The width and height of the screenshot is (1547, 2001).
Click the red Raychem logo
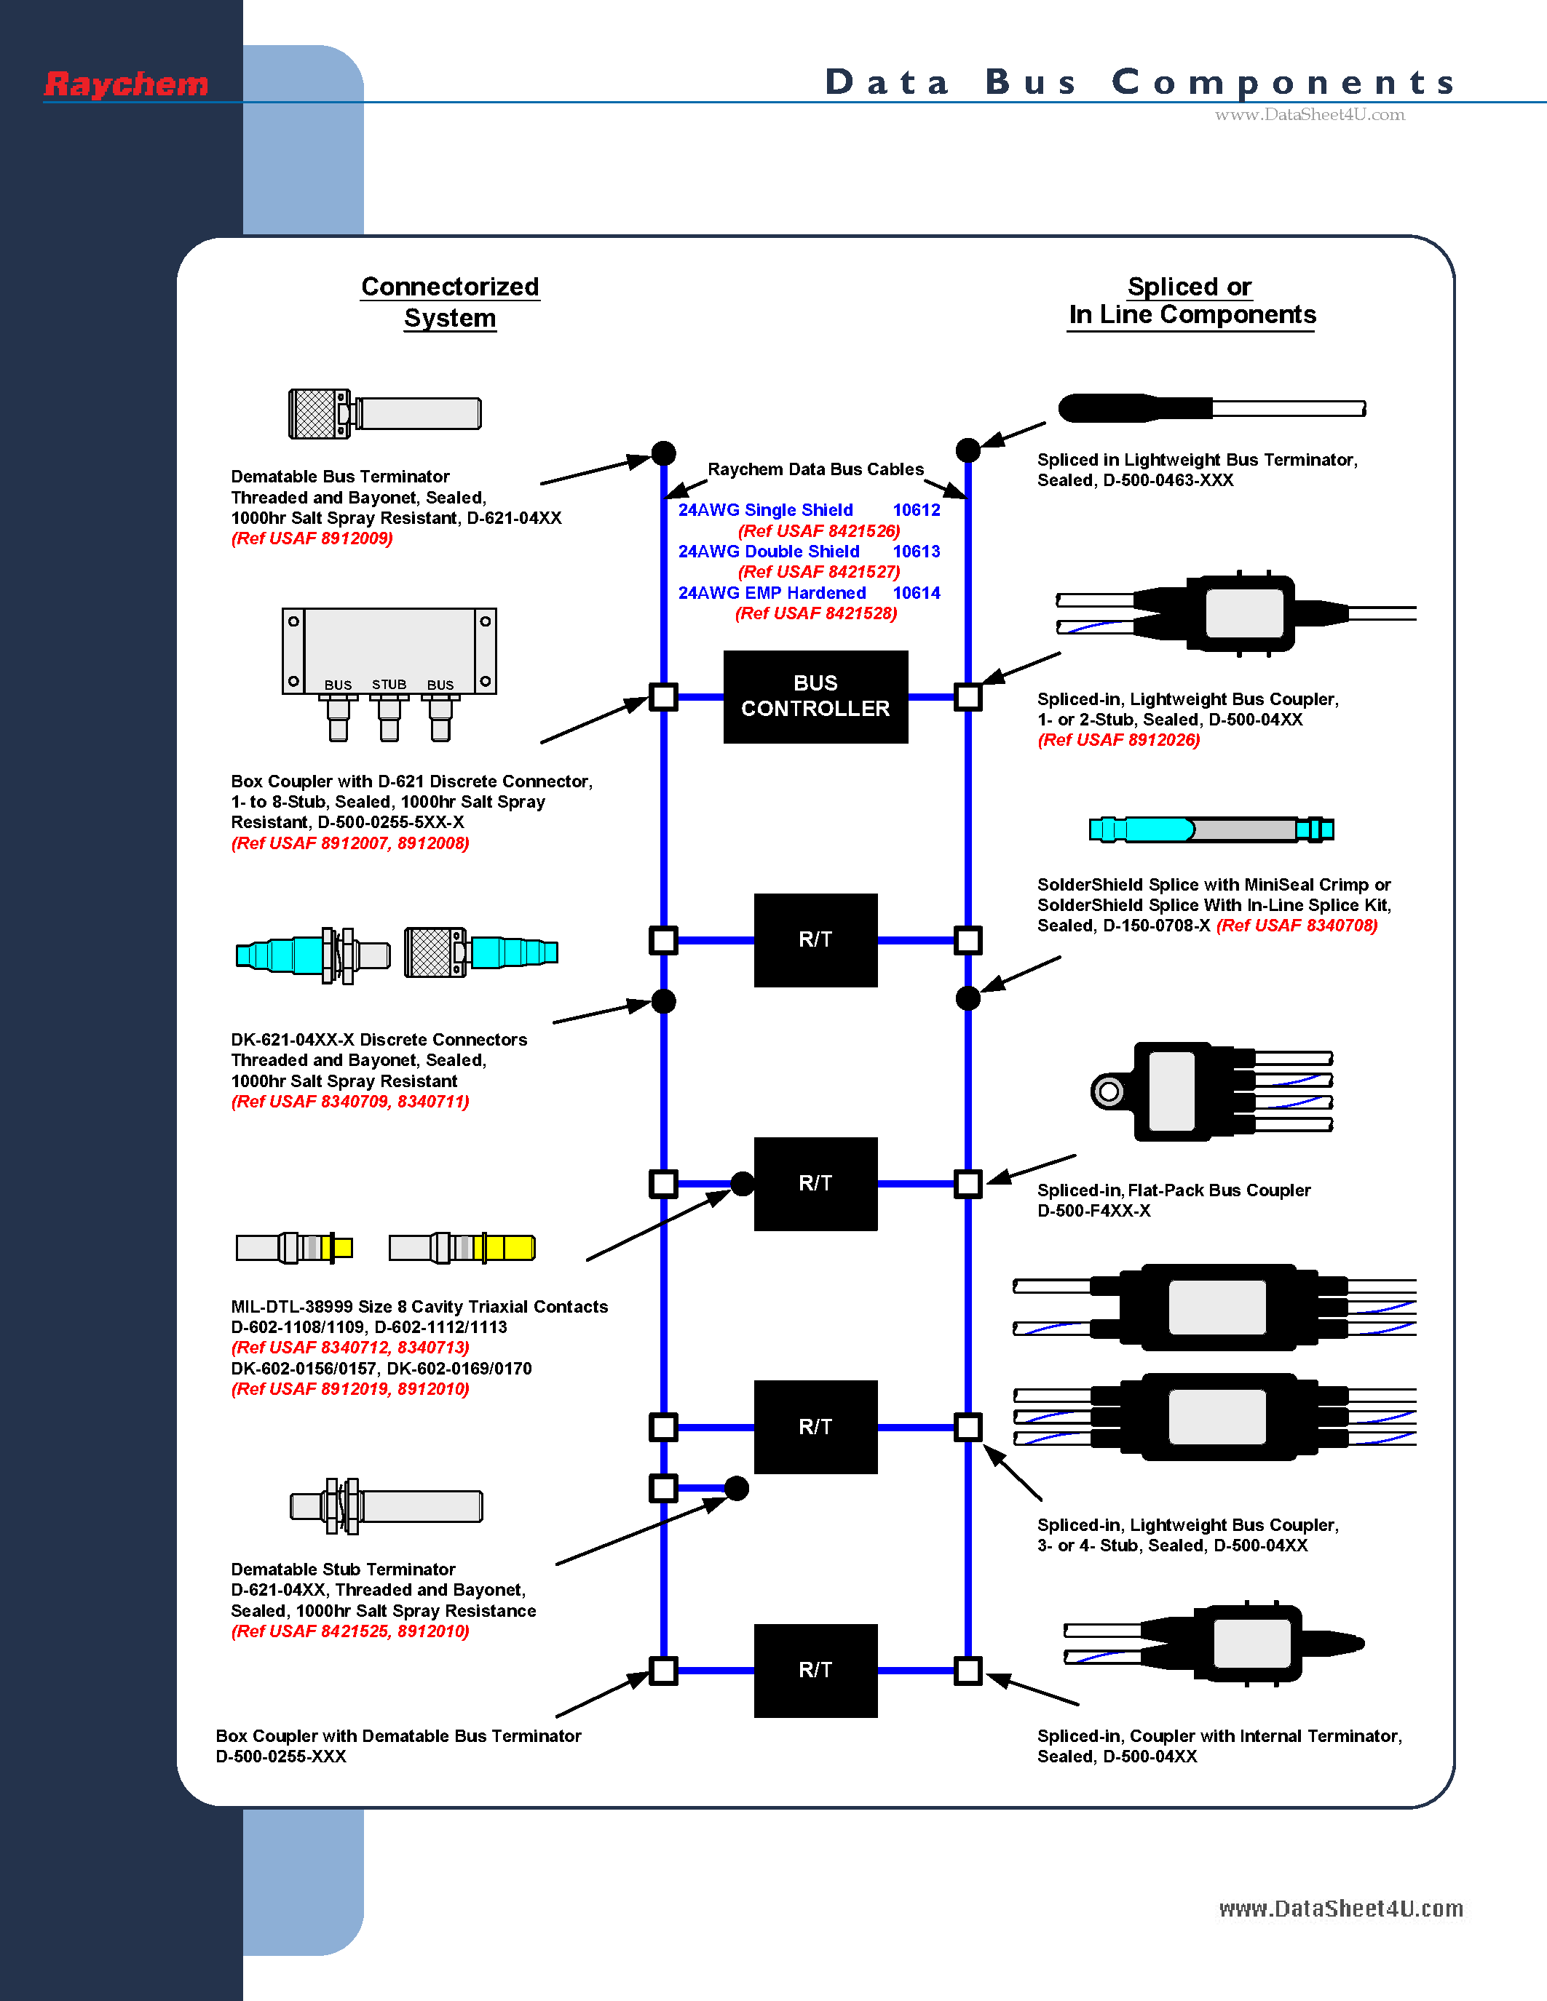(x=127, y=84)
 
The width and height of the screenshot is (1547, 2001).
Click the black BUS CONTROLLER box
(x=815, y=696)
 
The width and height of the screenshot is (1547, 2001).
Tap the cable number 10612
(x=917, y=510)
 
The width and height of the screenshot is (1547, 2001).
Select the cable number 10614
(x=917, y=593)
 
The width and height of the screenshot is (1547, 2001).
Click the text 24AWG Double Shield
(x=768, y=552)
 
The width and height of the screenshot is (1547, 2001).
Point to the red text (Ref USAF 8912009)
(x=312, y=538)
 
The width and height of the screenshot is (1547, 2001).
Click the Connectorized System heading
(x=450, y=301)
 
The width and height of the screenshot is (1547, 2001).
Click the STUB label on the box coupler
(x=389, y=685)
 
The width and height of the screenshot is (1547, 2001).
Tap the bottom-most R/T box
(x=815, y=1670)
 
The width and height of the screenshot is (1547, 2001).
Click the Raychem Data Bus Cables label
(x=815, y=469)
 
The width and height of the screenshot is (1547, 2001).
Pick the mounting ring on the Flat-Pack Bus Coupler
(x=1109, y=1091)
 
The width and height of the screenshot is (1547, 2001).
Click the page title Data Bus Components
(x=1140, y=82)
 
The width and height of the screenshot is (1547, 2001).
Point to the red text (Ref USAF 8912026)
(x=1118, y=740)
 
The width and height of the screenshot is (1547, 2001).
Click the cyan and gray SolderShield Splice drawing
(x=1211, y=830)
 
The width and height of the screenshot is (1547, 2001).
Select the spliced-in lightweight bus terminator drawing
(x=1211, y=407)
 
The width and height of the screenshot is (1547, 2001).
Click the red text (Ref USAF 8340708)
(x=1297, y=926)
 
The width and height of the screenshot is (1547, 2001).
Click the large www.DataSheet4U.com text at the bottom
(x=1340, y=1909)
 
